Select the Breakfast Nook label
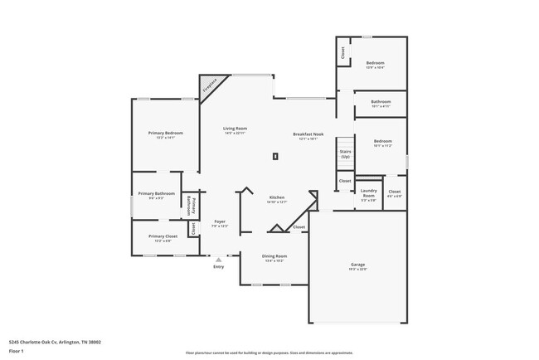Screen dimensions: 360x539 tap(308, 136)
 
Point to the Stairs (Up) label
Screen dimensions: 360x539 tap(346, 154)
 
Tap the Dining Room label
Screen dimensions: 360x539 tap(274, 258)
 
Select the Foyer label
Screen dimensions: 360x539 tap(220, 223)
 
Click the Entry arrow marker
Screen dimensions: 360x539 tap(219, 259)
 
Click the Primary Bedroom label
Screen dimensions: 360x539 tap(166, 135)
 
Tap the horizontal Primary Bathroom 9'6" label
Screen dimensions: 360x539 tap(156, 196)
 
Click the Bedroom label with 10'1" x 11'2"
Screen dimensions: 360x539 tap(381, 144)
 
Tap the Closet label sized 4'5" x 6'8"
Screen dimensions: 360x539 tap(395, 194)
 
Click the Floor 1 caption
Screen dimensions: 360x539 tap(15, 351)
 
